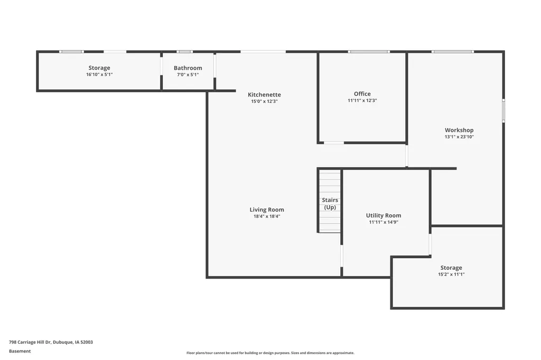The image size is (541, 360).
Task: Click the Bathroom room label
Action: [x=188, y=68]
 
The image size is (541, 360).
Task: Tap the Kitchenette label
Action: [x=264, y=94]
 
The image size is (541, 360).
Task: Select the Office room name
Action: [x=362, y=94]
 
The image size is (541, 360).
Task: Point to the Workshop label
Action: [x=459, y=130]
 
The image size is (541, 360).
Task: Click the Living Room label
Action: [x=267, y=210]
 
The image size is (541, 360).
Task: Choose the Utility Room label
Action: [x=384, y=215]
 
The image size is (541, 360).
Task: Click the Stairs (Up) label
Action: [x=330, y=203]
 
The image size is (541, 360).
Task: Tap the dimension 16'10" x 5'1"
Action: [x=99, y=74]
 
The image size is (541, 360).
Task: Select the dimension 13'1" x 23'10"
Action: [x=459, y=137]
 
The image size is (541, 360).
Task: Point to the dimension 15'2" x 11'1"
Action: [x=451, y=274]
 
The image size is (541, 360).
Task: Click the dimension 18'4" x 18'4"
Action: [x=267, y=216]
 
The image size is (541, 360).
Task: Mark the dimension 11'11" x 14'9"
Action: [x=384, y=222]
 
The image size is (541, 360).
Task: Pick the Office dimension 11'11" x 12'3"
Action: [x=362, y=101]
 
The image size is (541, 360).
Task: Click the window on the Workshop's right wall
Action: [x=503, y=110]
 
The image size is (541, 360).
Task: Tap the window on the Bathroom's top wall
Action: [x=184, y=52]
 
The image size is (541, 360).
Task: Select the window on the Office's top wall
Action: [x=369, y=52]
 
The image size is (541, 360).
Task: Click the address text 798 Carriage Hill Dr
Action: [x=30, y=342]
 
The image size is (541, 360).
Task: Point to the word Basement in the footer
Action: [x=20, y=351]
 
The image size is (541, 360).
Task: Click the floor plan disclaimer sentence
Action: [x=270, y=353]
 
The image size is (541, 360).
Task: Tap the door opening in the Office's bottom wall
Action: [x=334, y=143]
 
